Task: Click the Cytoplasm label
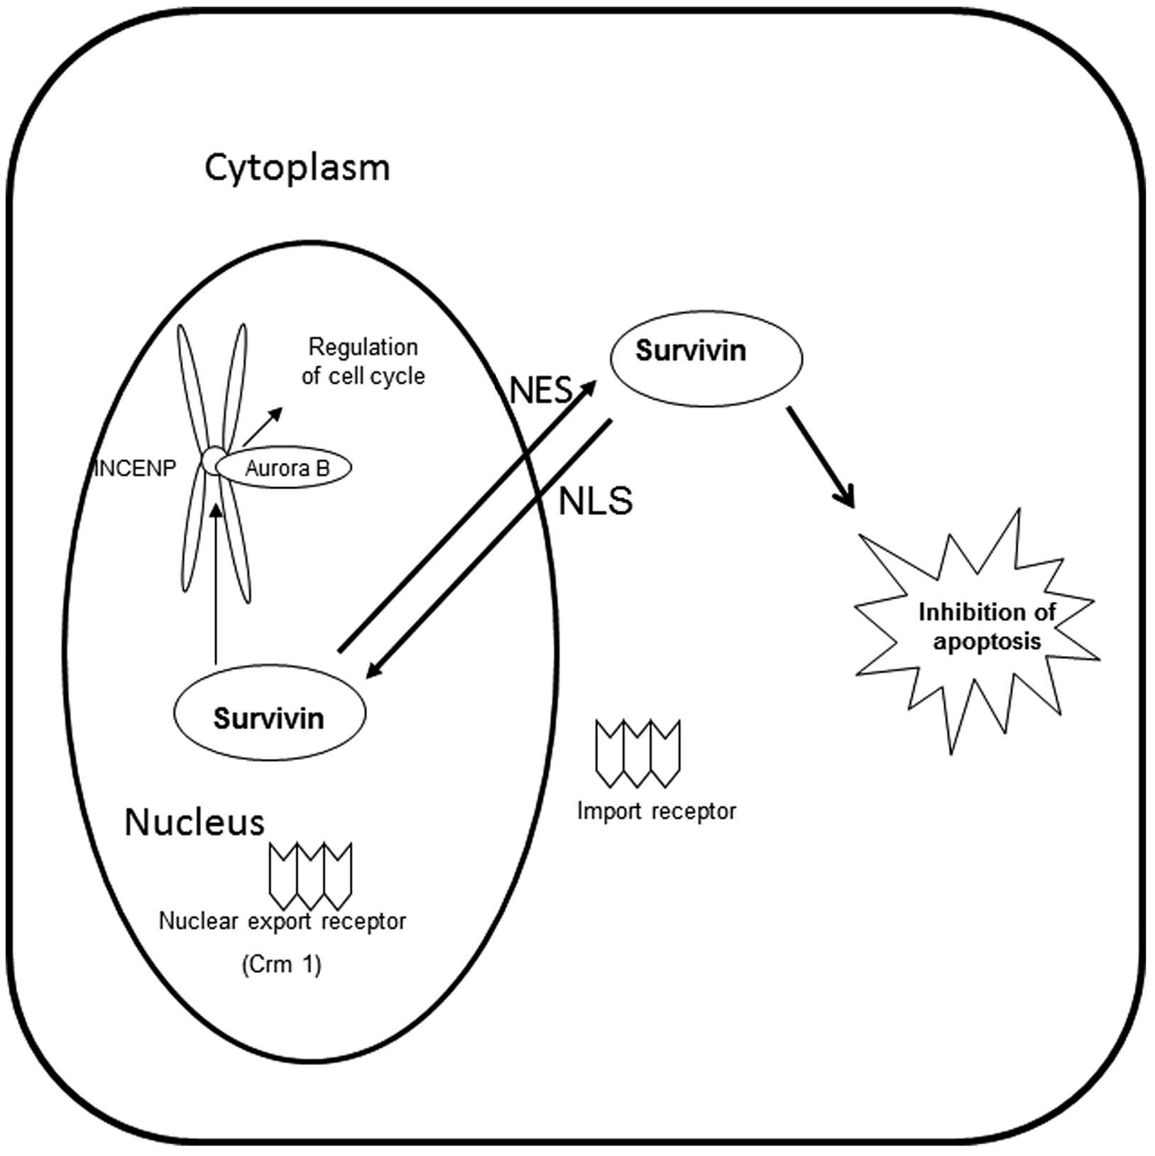(x=297, y=169)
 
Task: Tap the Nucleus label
(x=195, y=823)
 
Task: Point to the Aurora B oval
(x=288, y=469)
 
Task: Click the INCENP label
(x=135, y=469)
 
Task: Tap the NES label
(x=541, y=390)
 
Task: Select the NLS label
(x=595, y=501)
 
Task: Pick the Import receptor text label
(x=657, y=811)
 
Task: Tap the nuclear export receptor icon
(x=310, y=875)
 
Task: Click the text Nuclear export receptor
(x=283, y=921)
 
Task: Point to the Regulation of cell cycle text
(x=363, y=361)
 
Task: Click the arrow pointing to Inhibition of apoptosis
(x=820, y=457)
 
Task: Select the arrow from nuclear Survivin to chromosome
(x=214, y=582)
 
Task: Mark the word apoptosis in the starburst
(x=987, y=642)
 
